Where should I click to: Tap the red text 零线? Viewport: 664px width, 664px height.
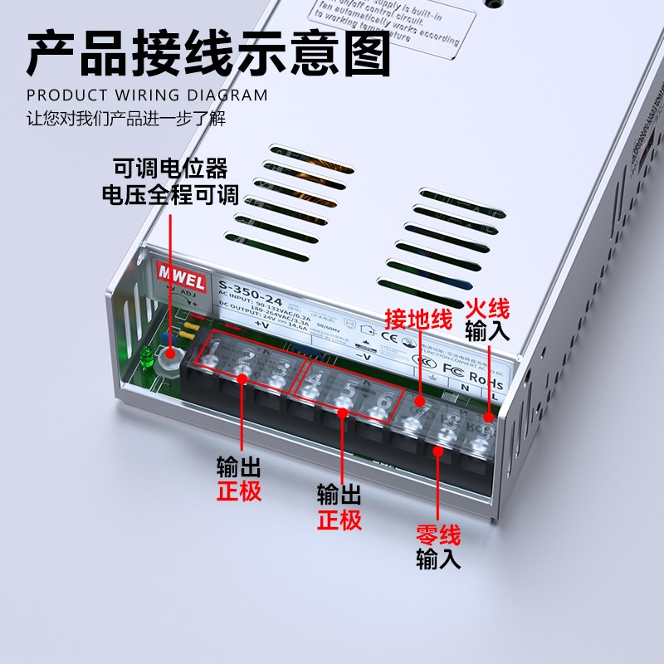(437, 535)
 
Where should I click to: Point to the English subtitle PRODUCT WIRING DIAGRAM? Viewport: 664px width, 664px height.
(147, 95)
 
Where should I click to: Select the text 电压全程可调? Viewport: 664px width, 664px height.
(170, 196)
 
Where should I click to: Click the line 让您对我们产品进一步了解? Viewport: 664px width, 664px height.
(125, 118)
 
